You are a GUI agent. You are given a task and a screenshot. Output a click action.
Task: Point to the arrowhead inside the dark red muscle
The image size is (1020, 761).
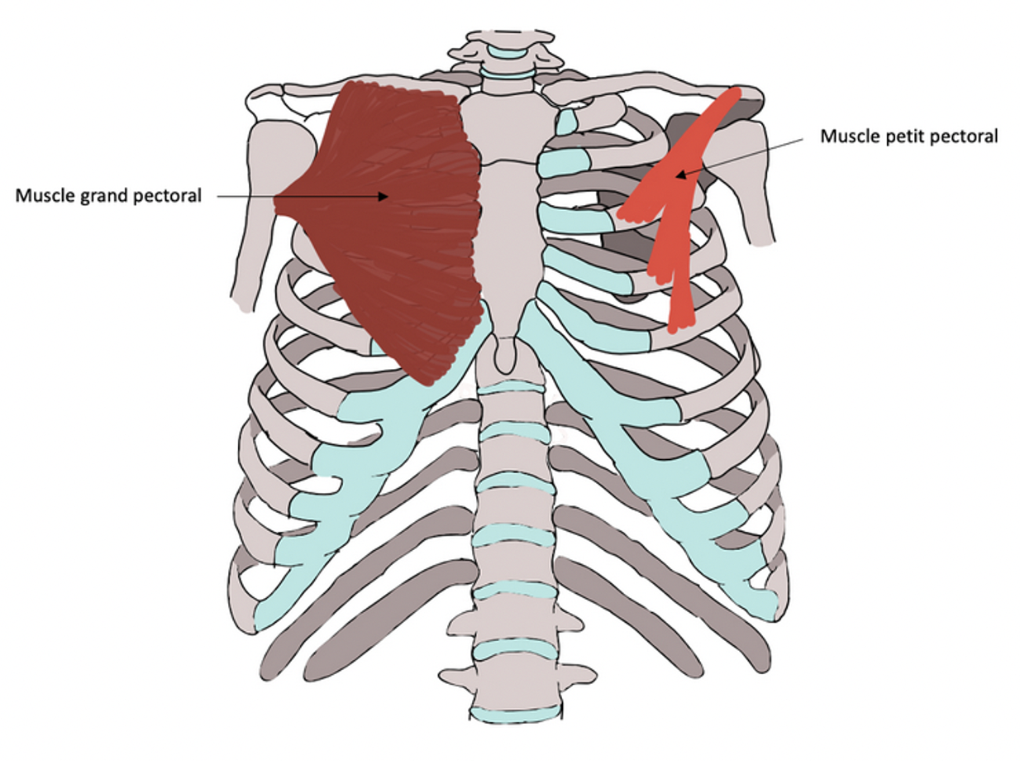[384, 196]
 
